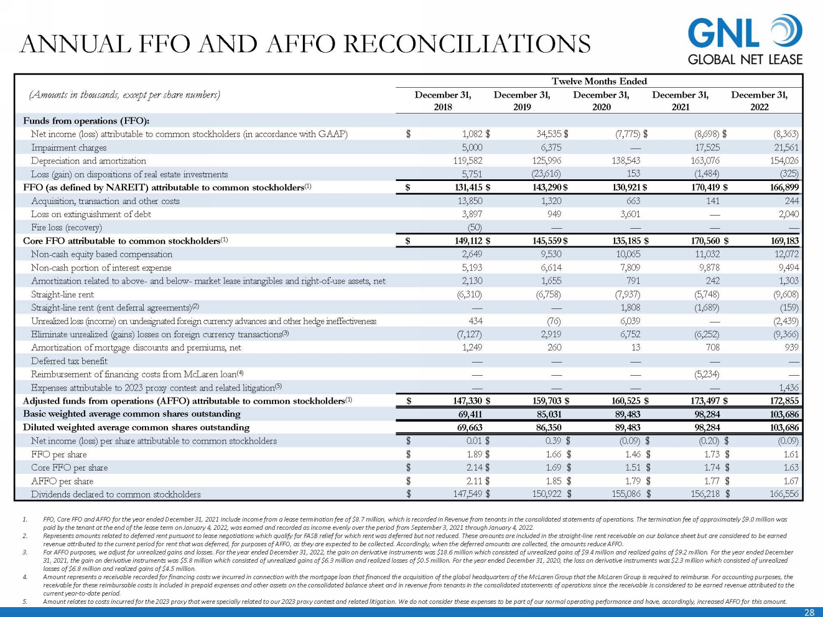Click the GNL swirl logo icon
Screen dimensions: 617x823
click(786, 31)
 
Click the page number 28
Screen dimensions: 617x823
click(809, 612)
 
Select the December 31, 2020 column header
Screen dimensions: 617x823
click(601, 101)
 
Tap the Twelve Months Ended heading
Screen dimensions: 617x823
click(599, 81)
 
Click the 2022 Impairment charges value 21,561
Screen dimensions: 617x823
click(784, 148)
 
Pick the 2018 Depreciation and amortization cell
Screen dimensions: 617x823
click(467, 161)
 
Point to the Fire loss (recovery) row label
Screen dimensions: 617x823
click(66, 228)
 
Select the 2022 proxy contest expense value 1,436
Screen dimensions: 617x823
click(788, 388)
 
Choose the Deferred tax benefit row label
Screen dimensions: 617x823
click(69, 361)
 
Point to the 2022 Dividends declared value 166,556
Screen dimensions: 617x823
click(784, 494)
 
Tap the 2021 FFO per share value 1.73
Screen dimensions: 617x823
click(709, 454)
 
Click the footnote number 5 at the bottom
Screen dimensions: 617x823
click(25, 602)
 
